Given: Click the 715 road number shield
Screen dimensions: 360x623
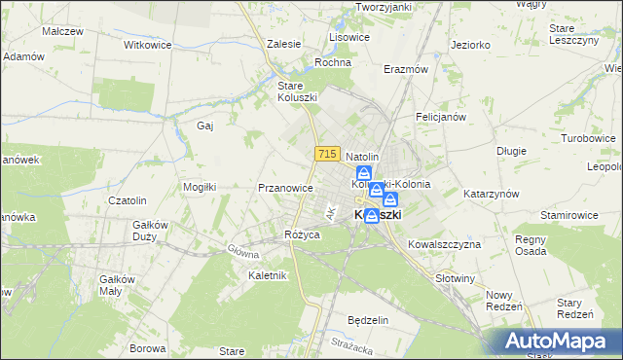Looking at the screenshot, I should (x=326, y=155).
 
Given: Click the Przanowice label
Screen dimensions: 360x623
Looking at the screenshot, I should (x=285, y=188).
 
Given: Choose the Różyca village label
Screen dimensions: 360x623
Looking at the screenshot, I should (x=302, y=234).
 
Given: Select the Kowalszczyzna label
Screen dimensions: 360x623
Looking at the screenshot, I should (x=445, y=244).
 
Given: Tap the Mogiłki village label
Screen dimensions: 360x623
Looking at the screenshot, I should (x=200, y=186).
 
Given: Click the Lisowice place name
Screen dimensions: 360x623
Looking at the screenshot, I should (x=349, y=36).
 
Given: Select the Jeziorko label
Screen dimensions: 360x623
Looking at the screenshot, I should (x=471, y=45).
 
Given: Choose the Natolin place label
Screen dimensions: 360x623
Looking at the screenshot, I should (x=362, y=156).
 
